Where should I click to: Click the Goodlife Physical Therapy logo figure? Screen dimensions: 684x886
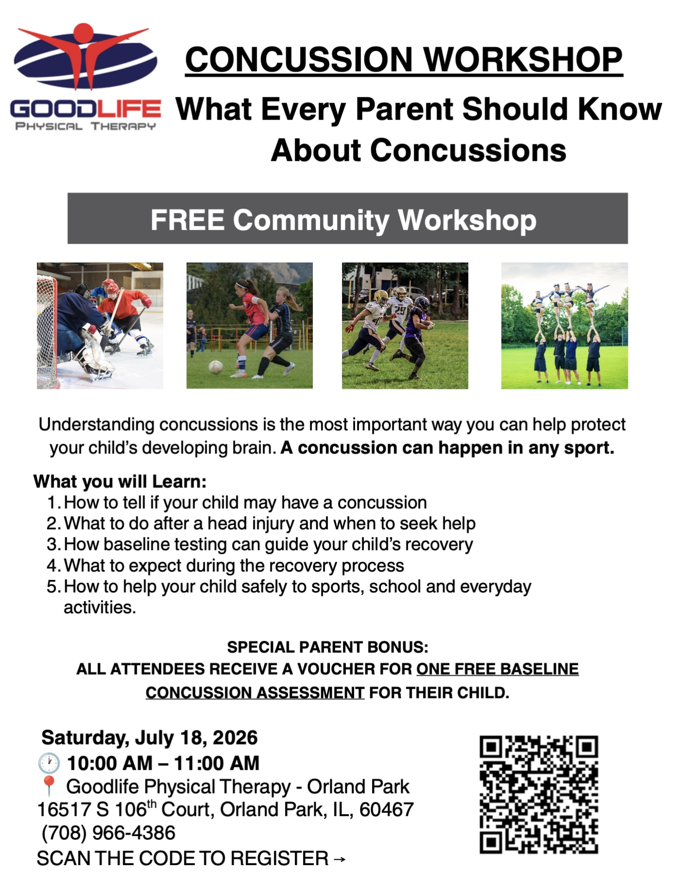[x=85, y=56]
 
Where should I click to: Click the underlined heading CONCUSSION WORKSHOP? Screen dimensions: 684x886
[x=404, y=60]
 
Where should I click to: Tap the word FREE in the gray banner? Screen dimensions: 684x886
[x=187, y=220]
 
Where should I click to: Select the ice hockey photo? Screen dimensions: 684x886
[x=100, y=326]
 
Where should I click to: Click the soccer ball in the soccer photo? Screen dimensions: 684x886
[x=216, y=367]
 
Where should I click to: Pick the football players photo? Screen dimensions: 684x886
[x=405, y=326]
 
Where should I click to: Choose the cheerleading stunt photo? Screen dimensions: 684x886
[x=564, y=326]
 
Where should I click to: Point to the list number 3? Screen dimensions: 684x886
[x=53, y=544]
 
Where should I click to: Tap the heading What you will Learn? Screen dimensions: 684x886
[x=120, y=482]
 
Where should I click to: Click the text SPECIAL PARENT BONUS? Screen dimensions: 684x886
[x=328, y=647]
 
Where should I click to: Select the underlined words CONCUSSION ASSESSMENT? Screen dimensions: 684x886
[x=255, y=693]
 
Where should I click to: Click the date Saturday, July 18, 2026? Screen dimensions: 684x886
[x=150, y=738]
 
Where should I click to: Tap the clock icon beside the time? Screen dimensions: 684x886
[x=49, y=764]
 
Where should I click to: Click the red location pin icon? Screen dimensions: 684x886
[x=49, y=786]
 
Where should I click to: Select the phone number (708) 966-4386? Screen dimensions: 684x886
[x=108, y=833]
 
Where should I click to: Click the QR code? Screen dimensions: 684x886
[x=539, y=795]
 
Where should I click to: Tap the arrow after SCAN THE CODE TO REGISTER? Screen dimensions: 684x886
[x=340, y=859]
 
